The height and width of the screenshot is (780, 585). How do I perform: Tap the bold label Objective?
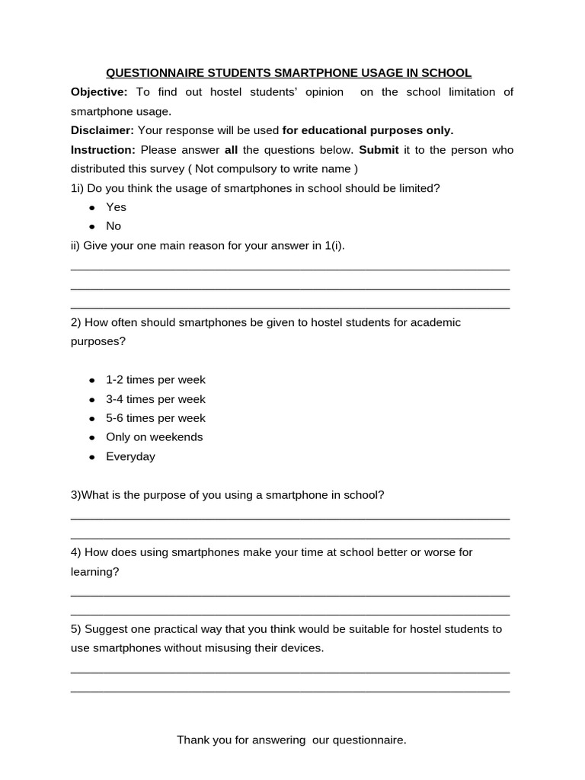(99, 92)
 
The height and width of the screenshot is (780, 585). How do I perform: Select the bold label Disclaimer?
(102, 130)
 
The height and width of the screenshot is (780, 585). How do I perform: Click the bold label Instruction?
(103, 149)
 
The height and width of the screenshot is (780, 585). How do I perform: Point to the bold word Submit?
(379, 149)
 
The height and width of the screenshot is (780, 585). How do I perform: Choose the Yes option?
(116, 207)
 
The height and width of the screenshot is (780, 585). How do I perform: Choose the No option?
(113, 226)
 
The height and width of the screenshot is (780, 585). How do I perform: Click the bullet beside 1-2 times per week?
(92, 380)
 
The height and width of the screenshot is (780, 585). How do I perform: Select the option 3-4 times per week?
(155, 399)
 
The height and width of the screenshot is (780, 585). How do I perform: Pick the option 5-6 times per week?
(155, 418)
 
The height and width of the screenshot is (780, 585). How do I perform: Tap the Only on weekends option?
(154, 437)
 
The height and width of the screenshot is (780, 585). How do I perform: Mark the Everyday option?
(130, 457)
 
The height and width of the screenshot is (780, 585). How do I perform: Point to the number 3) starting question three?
(75, 495)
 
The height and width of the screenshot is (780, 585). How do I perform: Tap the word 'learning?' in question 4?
(94, 572)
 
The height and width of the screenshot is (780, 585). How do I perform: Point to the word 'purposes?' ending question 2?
(98, 341)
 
